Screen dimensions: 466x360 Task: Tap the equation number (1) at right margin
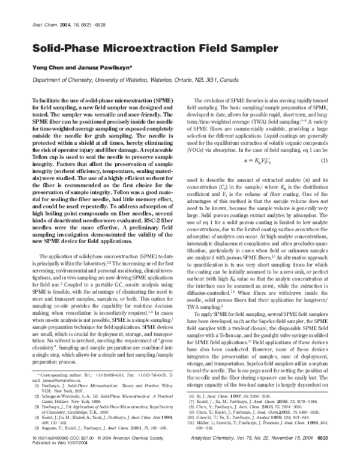coord(340,144)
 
